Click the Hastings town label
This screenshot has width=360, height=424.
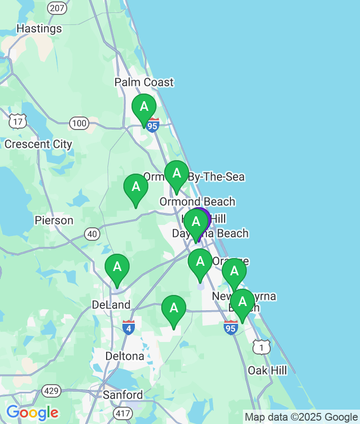(39, 29)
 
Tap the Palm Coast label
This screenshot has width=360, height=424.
(144, 82)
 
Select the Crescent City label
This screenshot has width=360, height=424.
(38, 144)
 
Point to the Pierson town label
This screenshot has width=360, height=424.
(54, 221)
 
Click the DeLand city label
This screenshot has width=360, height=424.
(111, 305)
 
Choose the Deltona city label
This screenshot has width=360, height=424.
(125, 356)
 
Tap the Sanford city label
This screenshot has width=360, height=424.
(123, 395)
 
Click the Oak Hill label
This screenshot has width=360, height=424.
(267, 370)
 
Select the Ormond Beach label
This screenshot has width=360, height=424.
(197, 201)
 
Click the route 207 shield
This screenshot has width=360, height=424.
(57, 8)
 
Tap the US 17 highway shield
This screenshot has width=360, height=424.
(17, 121)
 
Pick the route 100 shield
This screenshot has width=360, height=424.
(79, 124)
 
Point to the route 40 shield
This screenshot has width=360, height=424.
(92, 234)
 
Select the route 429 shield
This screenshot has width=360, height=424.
(51, 391)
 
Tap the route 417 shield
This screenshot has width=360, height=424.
(122, 412)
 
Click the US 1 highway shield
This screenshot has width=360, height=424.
(262, 347)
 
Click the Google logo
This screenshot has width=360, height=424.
(32, 412)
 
